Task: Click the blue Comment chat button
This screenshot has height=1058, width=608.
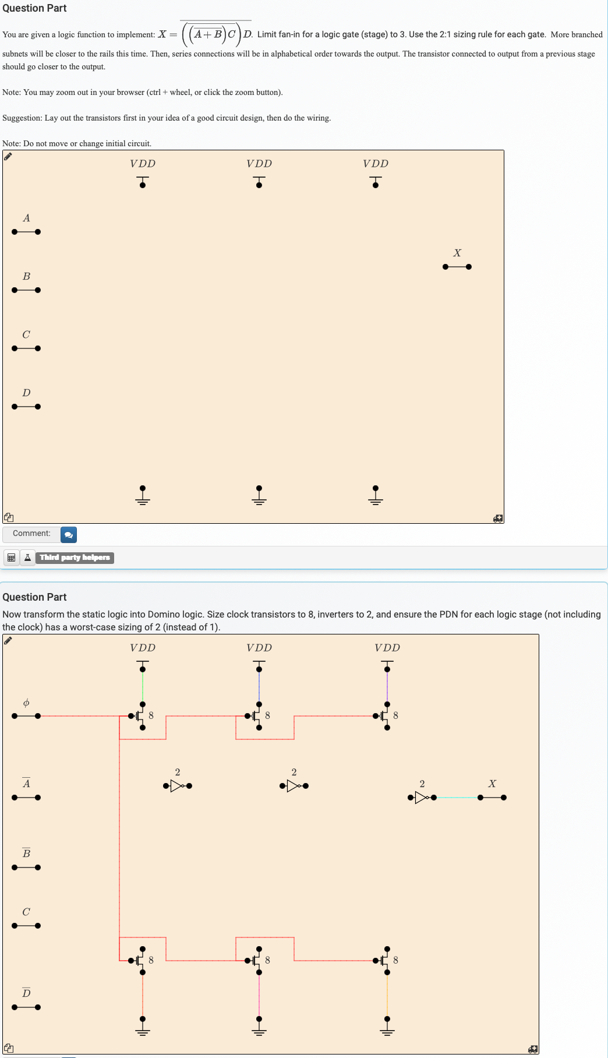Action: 69,534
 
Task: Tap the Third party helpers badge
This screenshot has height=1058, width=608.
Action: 75,558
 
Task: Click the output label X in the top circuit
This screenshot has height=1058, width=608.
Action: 457,253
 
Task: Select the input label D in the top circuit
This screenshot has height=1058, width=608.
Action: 26,393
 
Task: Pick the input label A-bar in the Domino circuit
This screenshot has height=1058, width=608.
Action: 26,783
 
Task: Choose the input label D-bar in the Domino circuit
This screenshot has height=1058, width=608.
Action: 26,992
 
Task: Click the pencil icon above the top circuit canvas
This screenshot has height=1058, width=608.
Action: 8,156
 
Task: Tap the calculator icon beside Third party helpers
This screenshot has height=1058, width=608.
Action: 10,558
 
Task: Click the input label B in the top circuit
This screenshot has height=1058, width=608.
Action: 26,276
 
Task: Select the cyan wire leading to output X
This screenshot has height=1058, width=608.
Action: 457,798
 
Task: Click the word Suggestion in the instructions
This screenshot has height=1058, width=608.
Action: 22,118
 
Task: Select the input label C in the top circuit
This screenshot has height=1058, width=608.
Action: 26,334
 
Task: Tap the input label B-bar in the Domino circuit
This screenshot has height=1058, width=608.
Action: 26,853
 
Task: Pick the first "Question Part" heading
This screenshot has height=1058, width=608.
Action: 34,8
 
